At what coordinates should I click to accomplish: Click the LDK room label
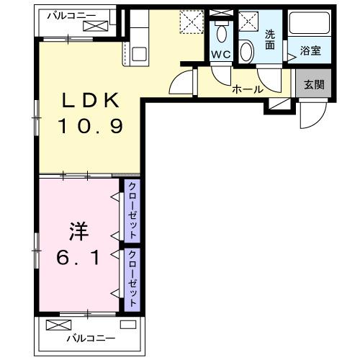pos(91,102)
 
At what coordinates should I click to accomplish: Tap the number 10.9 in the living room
pos(91,127)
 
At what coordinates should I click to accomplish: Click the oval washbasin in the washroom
pos(246,51)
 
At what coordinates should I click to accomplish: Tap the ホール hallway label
pos(247,89)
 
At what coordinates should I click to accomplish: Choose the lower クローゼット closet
pos(132,279)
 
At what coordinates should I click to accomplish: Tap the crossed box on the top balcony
pos(95,26)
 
